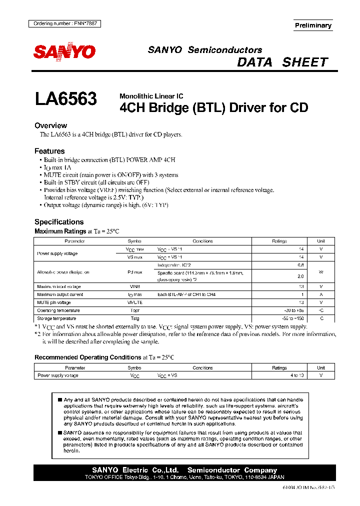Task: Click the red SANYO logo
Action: click(64, 51)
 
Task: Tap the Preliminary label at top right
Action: click(313, 25)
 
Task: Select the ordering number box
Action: click(63, 23)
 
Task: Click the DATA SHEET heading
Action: click(282, 62)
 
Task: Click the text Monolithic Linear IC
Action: click(151, 96)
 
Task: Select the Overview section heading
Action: click(50, 125)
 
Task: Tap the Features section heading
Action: click(49, 151)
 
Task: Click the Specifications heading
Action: click(59, 221)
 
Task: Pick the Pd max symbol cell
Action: click(134, 272)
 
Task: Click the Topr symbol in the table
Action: click(134, 310)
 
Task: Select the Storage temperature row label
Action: click(56, 318)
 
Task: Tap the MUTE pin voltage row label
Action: click(54, 302)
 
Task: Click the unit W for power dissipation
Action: click(321, 272)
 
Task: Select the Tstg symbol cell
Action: click(134, 318)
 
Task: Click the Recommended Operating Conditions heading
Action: click(87, 357)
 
